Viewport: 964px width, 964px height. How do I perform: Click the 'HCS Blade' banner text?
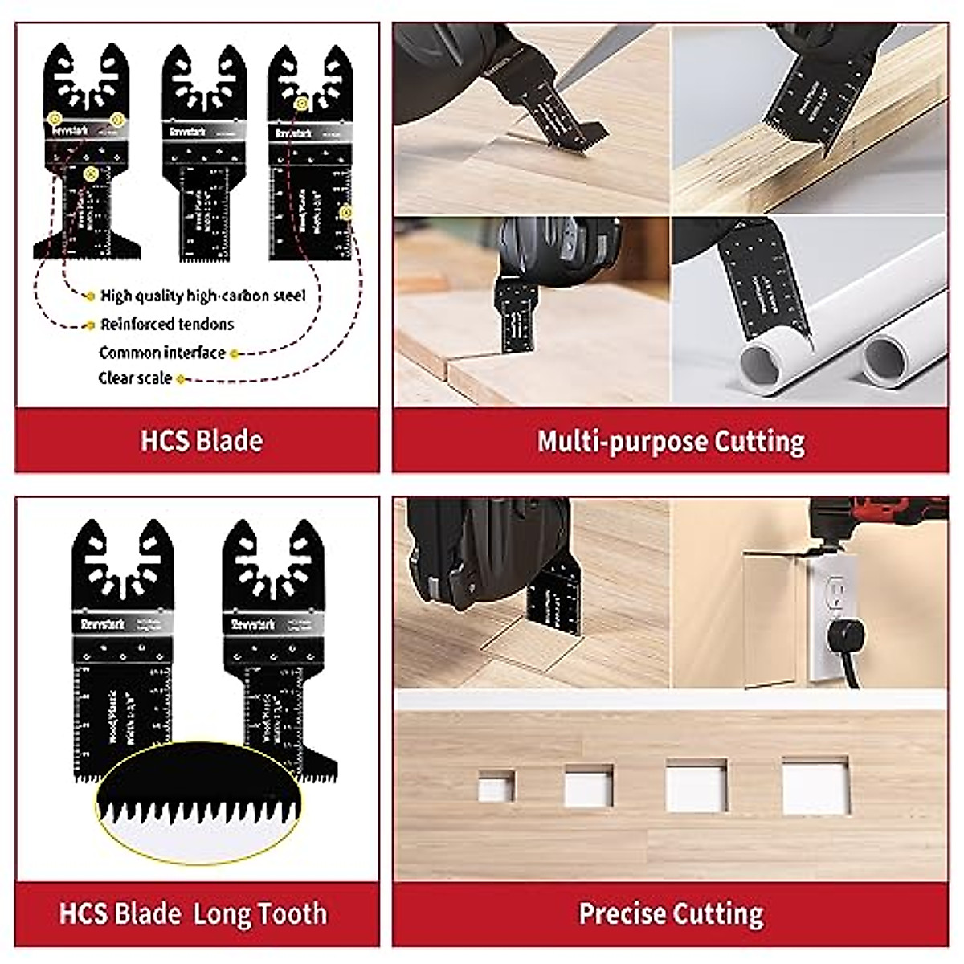coord(202,441)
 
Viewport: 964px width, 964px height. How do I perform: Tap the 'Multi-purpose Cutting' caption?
coord(671,441)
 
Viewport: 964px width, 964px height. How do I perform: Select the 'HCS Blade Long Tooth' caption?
coord(194,914)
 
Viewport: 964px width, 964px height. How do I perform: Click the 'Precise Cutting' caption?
coord(671,914)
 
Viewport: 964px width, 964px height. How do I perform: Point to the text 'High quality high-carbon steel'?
coord(203,296)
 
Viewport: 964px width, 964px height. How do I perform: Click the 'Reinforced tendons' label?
coord(167,325)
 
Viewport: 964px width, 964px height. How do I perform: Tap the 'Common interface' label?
coord(162,353)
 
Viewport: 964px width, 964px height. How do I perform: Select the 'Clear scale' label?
coord(135,378)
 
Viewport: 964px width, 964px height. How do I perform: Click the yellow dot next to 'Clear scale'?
coord(181,379)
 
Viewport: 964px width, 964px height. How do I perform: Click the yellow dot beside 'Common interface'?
coord(234,353)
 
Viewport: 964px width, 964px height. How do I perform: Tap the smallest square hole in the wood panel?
coord(496,786)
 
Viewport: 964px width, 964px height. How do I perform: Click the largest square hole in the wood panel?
coord(815,785)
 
